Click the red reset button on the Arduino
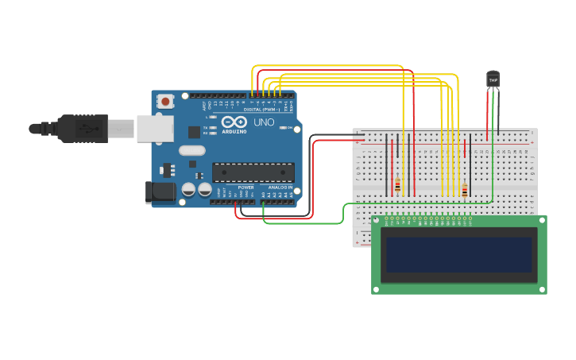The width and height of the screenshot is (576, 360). point(165,101)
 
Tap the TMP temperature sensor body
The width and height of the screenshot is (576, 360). point(493,79)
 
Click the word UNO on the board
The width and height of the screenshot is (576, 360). point(263,123)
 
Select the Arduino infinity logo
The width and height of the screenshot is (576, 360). point(234,122)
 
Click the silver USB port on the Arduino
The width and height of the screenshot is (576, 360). point(154,128)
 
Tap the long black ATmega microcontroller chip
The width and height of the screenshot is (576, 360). point(253,172)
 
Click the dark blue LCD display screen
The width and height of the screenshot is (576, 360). point(458,254)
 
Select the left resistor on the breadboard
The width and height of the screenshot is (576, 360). point(397,187)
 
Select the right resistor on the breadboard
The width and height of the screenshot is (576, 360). point(465,190)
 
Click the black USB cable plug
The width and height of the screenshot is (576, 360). point(82,128)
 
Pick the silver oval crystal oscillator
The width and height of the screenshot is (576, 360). point(192,150)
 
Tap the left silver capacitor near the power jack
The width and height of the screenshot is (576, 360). point(189,189)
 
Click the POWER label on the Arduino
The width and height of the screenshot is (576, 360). point(245,188)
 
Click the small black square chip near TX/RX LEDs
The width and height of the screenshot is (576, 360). point(194,132)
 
